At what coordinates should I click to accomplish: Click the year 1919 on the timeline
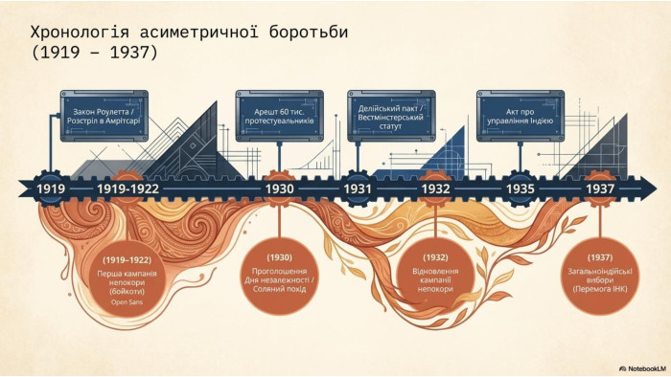(x=51, y=188)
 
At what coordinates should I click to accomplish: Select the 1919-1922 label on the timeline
(x=127, y=188)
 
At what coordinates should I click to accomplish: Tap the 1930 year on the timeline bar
(x=280, y=188)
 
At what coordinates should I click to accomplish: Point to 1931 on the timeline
(x=358, y=188)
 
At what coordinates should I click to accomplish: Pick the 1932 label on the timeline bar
(x=435, y=188)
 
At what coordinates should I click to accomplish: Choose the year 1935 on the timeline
(x=521, y=188)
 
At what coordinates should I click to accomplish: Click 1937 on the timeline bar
(x=600, y=188)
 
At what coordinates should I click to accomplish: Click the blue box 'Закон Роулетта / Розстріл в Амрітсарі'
(x=104, y=116)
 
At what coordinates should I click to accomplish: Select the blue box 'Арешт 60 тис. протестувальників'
(x=280, y=116)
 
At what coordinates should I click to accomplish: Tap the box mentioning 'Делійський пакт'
(x=391, y=116)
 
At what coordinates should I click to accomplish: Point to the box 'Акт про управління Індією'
(x=521, y=116)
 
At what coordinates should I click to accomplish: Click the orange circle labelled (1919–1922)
(x=127, y=279)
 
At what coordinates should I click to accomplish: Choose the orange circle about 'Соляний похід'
(x=280, y=277)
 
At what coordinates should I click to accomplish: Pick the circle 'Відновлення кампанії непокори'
(x=435, y=277)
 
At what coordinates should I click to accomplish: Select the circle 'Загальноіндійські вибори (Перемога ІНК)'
(x=600, y=277)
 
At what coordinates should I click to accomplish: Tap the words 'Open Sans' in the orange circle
(x=127, y=302)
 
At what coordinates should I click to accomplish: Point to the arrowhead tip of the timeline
(x=657, y=188)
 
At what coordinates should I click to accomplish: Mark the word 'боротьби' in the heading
(x=309, y=33)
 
